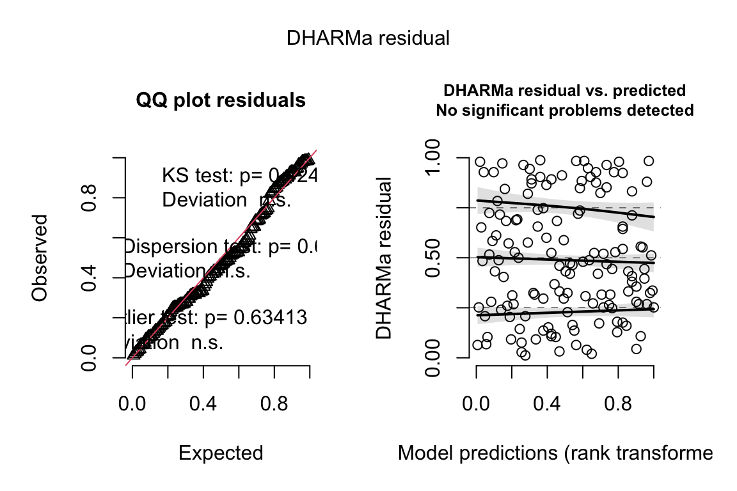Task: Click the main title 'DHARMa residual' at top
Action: tap(368, 38)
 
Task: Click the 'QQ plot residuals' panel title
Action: tap(221, 100)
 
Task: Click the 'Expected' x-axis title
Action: tap(221, 453)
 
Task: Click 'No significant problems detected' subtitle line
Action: tap(564, 110)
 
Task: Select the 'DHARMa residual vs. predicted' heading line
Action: tap(564, 90)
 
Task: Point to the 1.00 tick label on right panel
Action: tap(442, 157)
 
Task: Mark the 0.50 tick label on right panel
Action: tap(442, 257)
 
